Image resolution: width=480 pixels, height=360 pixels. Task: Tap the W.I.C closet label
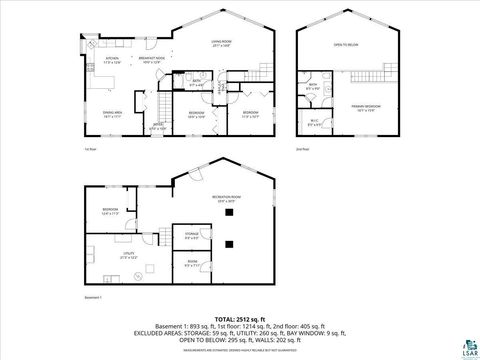[x=315, y=124]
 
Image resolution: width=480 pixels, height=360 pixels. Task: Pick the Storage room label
[x=191, y=236]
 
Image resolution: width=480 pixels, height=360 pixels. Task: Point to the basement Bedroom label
[x=109, y=211]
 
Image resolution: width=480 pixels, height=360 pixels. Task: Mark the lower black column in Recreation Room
[x=230, y=244]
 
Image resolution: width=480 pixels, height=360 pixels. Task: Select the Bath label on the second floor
[x=313, y=86]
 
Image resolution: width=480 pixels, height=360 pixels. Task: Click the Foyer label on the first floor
[x=157, y=125]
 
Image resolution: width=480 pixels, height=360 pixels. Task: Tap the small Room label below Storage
[x=192, y=265]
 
